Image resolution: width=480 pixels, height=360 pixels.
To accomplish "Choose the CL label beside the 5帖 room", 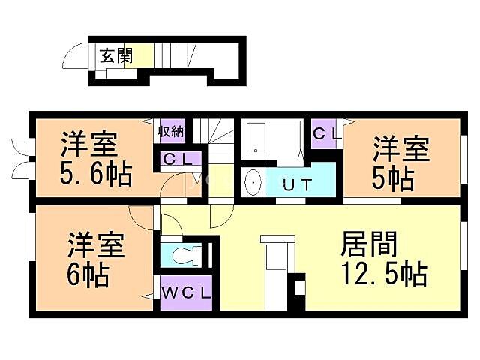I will point(326,134).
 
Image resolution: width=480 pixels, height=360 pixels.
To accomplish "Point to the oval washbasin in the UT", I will point(253,182).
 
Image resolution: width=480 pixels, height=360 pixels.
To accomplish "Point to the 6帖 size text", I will point(88,274).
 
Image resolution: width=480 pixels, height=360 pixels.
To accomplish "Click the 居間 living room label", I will point(368,244).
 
